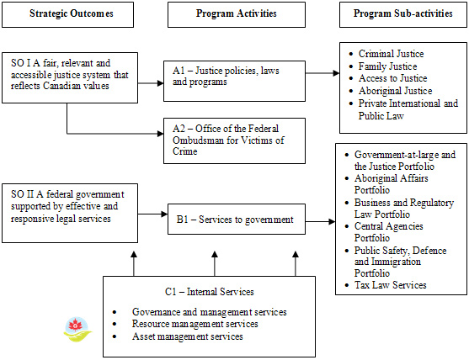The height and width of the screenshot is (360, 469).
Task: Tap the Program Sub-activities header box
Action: click(x=401, y=14)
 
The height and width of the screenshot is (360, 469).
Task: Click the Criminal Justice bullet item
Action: click(x=391, y=54)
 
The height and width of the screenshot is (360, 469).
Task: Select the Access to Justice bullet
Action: click(x=392, y=78)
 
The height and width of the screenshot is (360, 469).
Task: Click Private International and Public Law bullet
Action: click(x=408, y=109)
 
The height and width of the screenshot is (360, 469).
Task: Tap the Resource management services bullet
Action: click(x=195, y=324)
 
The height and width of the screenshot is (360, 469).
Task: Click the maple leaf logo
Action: click(x=75, y=330)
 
